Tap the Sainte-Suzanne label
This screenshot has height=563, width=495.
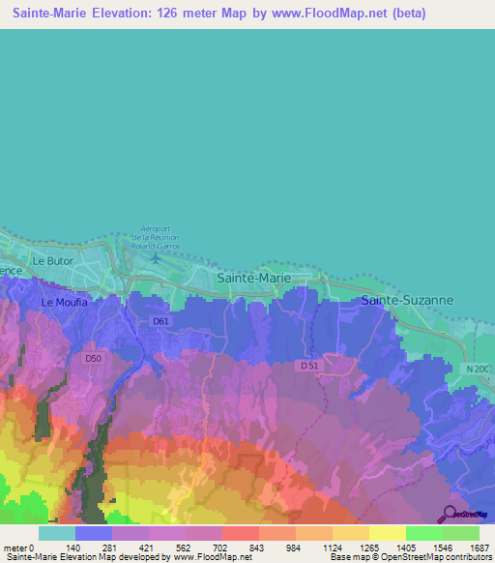pos(407,301)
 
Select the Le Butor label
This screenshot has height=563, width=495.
pos(53,261)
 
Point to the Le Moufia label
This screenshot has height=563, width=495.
pos(64,302)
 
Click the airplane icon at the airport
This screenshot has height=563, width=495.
pos(156,258)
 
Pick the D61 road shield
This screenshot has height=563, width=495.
pos(161,321)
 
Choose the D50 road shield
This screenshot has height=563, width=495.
pos(93,358)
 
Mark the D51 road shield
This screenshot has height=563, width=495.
pos(309,366)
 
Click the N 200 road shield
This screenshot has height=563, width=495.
pos(478,369)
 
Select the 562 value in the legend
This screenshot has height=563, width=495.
pos(171,548)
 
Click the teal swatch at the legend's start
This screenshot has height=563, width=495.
pos(56,533)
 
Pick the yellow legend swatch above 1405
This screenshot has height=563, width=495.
pos(387,533)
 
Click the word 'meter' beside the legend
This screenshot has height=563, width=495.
pos(15,548)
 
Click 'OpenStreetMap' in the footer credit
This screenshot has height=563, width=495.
pos(458,558)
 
